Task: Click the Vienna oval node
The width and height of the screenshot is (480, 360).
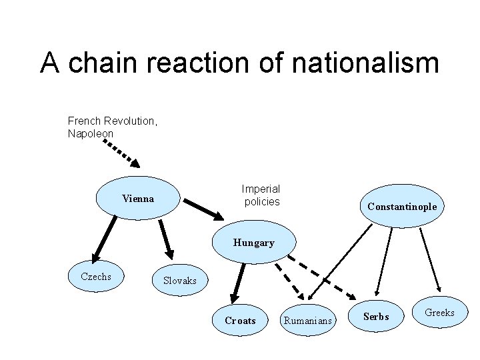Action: click(138, 199)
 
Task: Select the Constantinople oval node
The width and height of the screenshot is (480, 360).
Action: click(401, 207)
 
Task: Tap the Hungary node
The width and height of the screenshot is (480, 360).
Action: click(253, 243)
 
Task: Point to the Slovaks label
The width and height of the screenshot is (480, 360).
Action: click(180, 281)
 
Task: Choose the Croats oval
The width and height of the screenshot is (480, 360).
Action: click(240, 321)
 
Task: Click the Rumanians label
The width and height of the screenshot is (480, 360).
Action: click(307, 321)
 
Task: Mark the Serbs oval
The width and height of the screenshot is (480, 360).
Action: click(376, 317)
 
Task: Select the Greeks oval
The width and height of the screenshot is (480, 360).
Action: click(439, 312)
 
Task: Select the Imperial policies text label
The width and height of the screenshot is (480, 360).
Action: click(261, 195)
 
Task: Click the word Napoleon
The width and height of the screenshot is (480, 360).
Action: click(91, 133)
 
